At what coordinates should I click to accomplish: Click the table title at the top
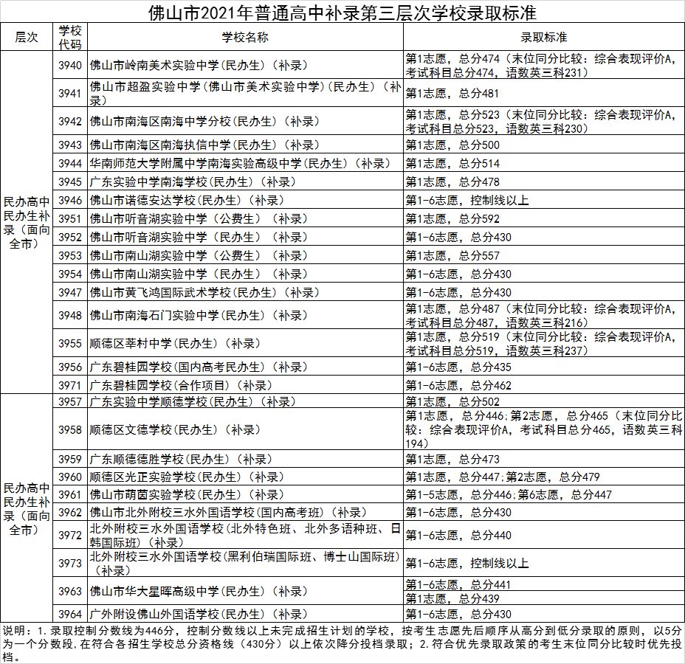(x=342, y=13)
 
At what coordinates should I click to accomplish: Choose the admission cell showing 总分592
(x=452, y=218)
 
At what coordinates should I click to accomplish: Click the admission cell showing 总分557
(x=452, y=255)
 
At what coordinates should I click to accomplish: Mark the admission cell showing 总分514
(x=452, y=163)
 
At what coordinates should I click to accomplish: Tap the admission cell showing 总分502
(x=452, y=402)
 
